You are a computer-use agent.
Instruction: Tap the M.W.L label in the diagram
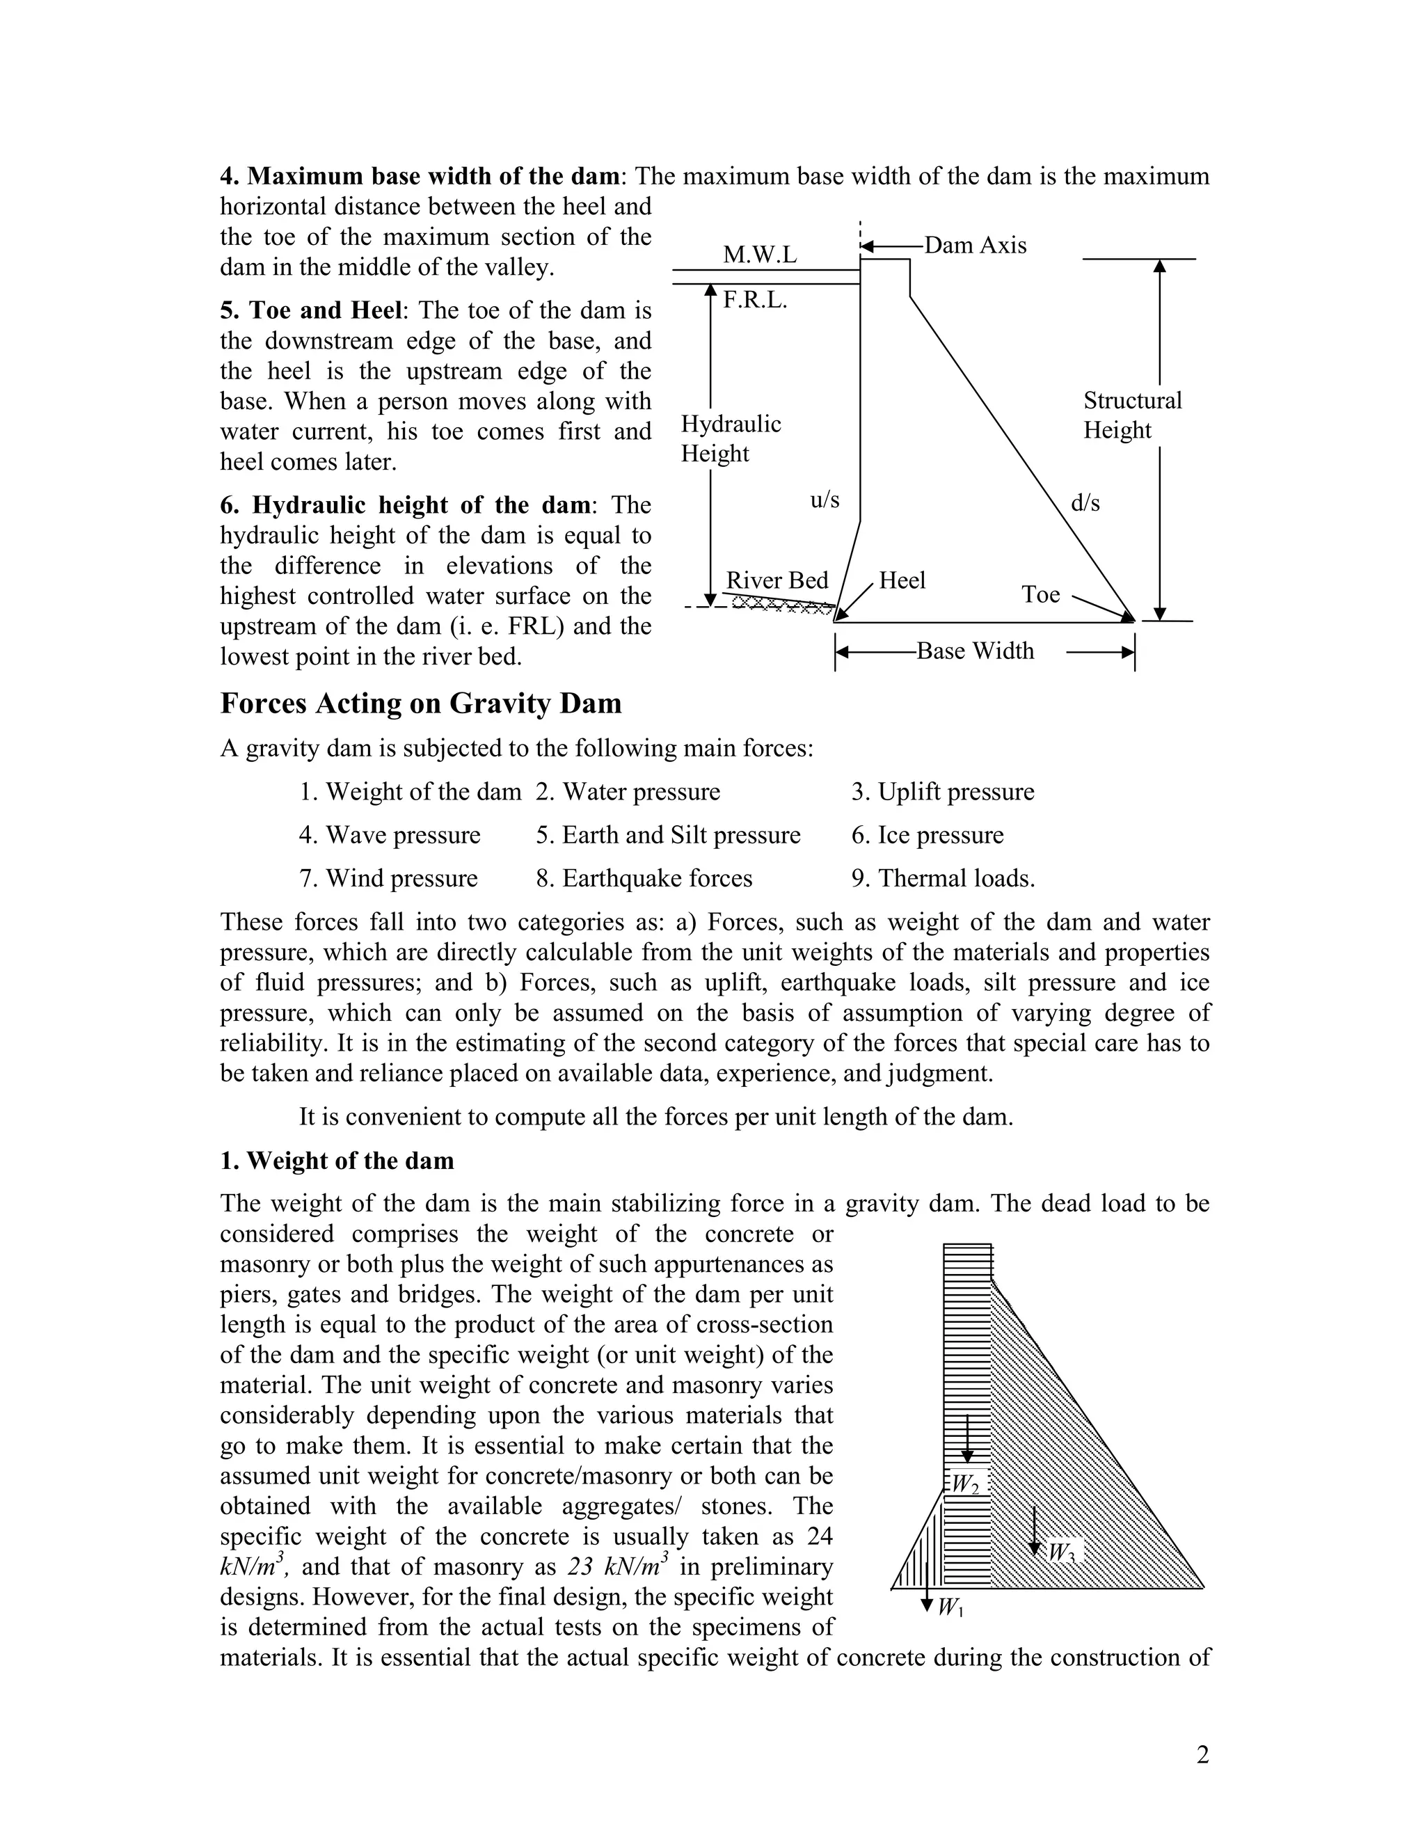coord(759,255)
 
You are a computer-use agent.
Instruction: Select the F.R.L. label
coord(755,301)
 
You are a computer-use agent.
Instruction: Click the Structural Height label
coord(1132,415)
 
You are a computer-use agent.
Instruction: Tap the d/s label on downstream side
coord(1085,503)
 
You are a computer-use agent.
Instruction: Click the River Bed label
coord(777,581)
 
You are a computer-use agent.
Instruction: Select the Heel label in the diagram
coord(902,580)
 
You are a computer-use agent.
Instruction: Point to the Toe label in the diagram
coord(1040,594)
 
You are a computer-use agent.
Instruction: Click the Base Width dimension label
coord(974,651)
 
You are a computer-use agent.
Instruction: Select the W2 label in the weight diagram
coord(965,1484)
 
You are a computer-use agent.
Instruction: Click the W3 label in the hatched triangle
coord(1061,1552)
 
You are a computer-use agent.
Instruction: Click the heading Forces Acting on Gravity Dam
coord(420,704)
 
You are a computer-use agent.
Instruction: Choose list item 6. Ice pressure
coord(927,835)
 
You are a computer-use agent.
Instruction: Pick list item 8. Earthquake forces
coord(644,878)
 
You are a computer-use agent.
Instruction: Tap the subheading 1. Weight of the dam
coord(337,1160)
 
